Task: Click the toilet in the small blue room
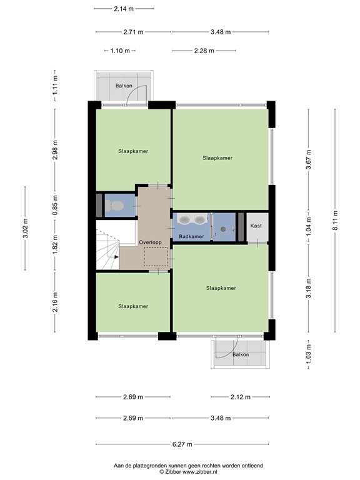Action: coord(115,206)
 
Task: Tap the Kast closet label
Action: coord(256,226)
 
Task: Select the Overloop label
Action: coord(150,242)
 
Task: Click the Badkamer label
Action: coord(191,236)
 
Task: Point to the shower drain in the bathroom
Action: coord(223,228)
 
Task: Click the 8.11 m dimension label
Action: coord(335,221)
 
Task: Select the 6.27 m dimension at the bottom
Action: coord(182,444)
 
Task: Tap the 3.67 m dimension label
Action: coord(309,159)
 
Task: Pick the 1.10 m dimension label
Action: coord(120,51)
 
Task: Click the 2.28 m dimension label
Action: coord(204,51)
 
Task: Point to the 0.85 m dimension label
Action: coord(55,205)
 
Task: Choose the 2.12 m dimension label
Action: coord(240,397)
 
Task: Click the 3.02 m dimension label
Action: coord(26,228)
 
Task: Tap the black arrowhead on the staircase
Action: coord(116,257)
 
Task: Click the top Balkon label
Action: coord(124,86)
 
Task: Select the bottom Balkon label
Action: coord(241,354)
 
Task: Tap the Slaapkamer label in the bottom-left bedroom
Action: coord(133,306)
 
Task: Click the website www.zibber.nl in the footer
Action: coord(200,472)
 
